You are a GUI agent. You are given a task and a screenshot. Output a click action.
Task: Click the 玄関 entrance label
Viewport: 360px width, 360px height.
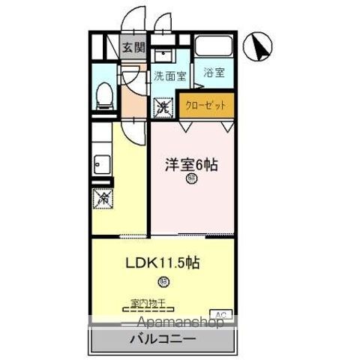point(134,46)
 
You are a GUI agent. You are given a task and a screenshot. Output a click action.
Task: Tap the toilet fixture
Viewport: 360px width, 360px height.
point(104,94)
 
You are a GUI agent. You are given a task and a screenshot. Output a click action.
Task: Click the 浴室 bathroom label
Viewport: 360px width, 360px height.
point(214,73)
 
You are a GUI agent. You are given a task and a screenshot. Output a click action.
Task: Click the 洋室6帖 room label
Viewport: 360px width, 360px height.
point(191,165)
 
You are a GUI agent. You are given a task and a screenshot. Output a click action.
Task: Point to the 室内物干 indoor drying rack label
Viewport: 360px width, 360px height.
point(147,303)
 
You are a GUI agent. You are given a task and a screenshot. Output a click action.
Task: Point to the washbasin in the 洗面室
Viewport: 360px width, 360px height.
point(163,55)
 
